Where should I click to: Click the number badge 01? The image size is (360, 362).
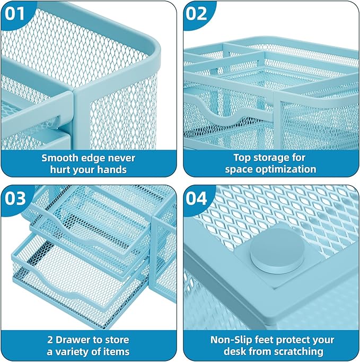tap(16, 13)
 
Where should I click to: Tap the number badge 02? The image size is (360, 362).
tap(197, 13)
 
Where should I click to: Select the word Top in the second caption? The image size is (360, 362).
tap(242, 158)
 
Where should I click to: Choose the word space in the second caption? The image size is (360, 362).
tap(238, 169)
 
